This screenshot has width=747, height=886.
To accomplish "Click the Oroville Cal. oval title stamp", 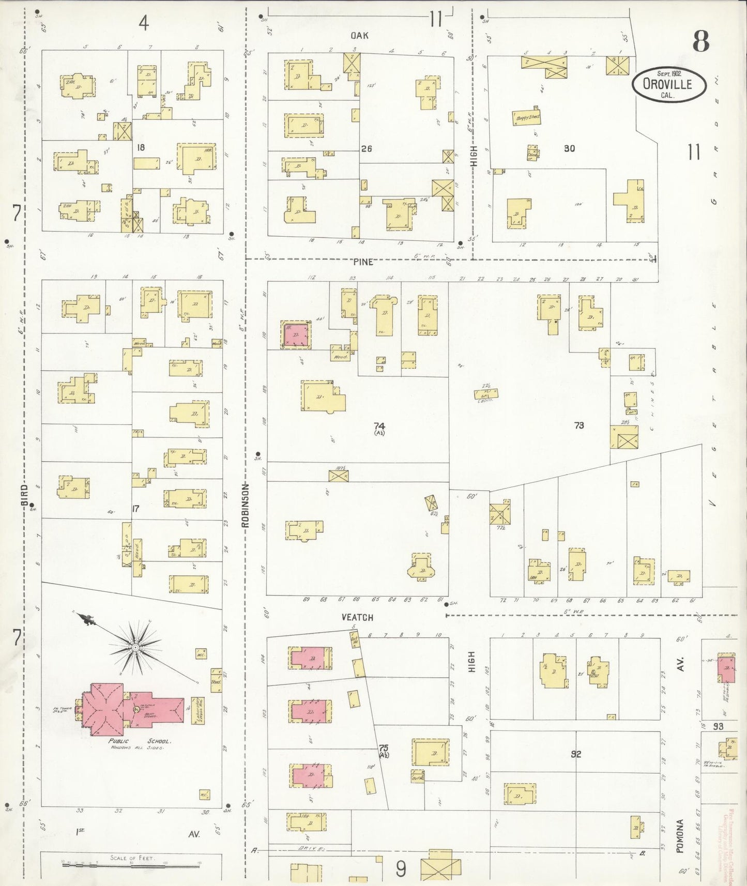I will tap(668, 84).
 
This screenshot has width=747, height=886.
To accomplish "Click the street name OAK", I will tap(359, 35).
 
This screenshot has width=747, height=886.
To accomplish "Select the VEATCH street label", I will tap(357, 617).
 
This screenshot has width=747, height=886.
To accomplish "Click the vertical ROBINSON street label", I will tap(246, 505).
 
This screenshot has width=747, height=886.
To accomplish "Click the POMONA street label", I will tap(681, 836).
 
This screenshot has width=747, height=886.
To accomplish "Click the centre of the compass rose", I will tap(135, 647).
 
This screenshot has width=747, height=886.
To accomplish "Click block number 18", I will tap(140, 147).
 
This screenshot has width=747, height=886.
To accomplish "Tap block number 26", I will tap(367, 149).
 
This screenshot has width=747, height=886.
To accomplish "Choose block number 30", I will tap(569, 148).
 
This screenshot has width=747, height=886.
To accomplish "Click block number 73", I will tap(579, 425).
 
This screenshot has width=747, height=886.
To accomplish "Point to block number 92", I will tap(576, 754).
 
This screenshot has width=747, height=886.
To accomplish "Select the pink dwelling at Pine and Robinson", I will tap(296, 335).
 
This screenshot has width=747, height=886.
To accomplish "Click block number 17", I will tap(135, 509).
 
